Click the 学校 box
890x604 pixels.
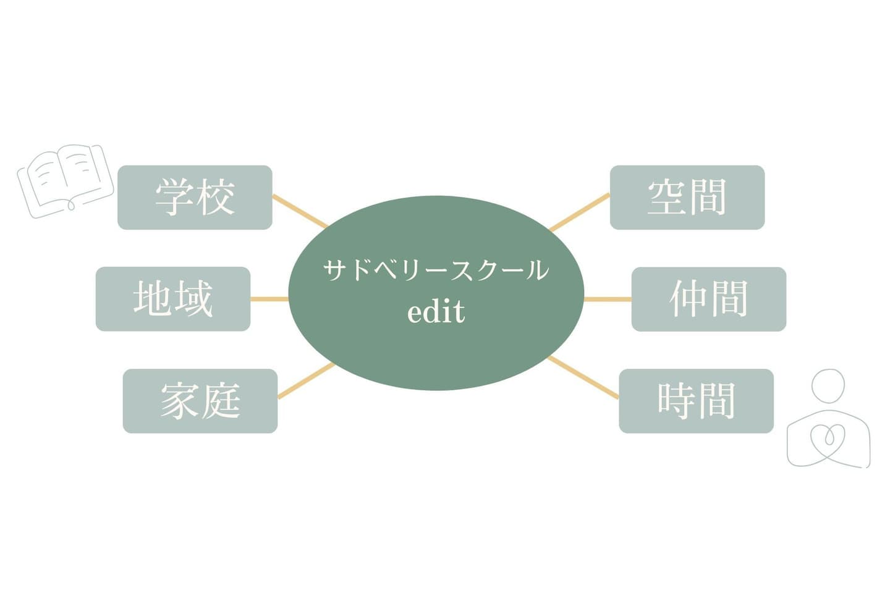click(x=195, y=198)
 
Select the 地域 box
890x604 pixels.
click(x=173, y=299)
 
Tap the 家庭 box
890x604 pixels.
click(x=200, y=401)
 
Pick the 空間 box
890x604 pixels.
click(x=687, y=198)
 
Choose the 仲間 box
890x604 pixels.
click(x=708, y=299)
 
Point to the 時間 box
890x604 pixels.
click(x=696, y=401)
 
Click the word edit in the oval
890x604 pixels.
click(x=436, y=312)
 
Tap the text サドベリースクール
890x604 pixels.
click(x=436, y=271)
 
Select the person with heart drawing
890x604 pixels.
click(x=828, y=420)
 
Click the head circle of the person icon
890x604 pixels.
click(x=828, y=386)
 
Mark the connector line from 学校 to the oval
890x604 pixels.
click(x=300, y=211)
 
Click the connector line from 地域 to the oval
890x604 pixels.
click(x=269, y=299)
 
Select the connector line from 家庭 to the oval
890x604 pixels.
click(x=306, y=380)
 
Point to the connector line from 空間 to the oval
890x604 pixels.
click(x=579, y=212)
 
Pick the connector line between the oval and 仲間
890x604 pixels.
click(x=608, y=299)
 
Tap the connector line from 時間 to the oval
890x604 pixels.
click(x=583, y=377)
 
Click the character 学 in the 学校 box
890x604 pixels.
click(x=174, y=198)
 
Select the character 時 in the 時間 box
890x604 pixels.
click(x=676, y=401)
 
